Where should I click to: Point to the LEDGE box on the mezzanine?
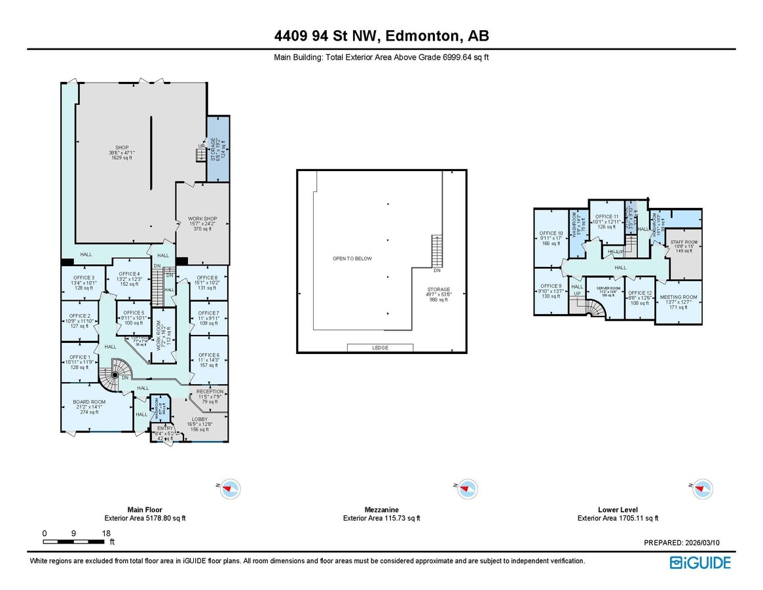click(x=381, y=347)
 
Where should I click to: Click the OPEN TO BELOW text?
click(x=352, y=258)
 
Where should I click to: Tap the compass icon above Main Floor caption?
click(x=230, y=488)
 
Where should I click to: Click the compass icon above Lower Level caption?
click(x=703, y=488)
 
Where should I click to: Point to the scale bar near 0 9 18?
click(x=74, y=541)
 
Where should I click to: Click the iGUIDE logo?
click(x=700, y=562)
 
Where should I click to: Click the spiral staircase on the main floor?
click(x=116, y=375)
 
